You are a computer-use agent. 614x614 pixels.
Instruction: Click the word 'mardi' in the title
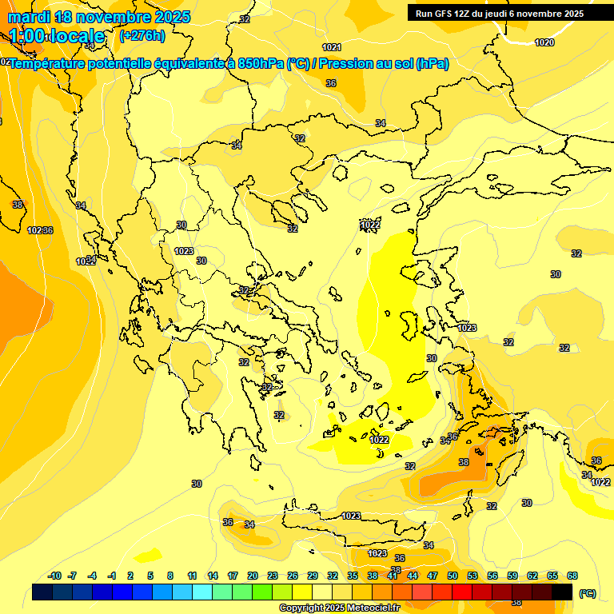pos(29,17)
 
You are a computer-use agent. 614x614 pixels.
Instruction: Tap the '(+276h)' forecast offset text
pos(142,35)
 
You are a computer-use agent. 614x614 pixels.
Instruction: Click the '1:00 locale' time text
pos(57,36)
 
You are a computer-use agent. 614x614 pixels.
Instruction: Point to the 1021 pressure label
pos(332,47)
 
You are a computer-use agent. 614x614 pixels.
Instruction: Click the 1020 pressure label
pos(544,42)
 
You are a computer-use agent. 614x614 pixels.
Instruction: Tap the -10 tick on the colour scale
pos(54,576)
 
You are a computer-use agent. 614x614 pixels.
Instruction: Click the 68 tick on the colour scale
pos(572,576)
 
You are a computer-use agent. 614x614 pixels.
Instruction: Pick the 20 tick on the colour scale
pos(253,576)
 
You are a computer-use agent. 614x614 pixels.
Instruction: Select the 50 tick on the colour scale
pos(453,576)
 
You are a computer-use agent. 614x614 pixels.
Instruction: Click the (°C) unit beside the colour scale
pos(588,592)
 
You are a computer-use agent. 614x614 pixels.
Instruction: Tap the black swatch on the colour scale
pos(562,592)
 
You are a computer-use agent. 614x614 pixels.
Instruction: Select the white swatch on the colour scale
pos(322,592)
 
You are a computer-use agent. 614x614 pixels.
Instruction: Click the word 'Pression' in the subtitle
pos(351,63)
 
